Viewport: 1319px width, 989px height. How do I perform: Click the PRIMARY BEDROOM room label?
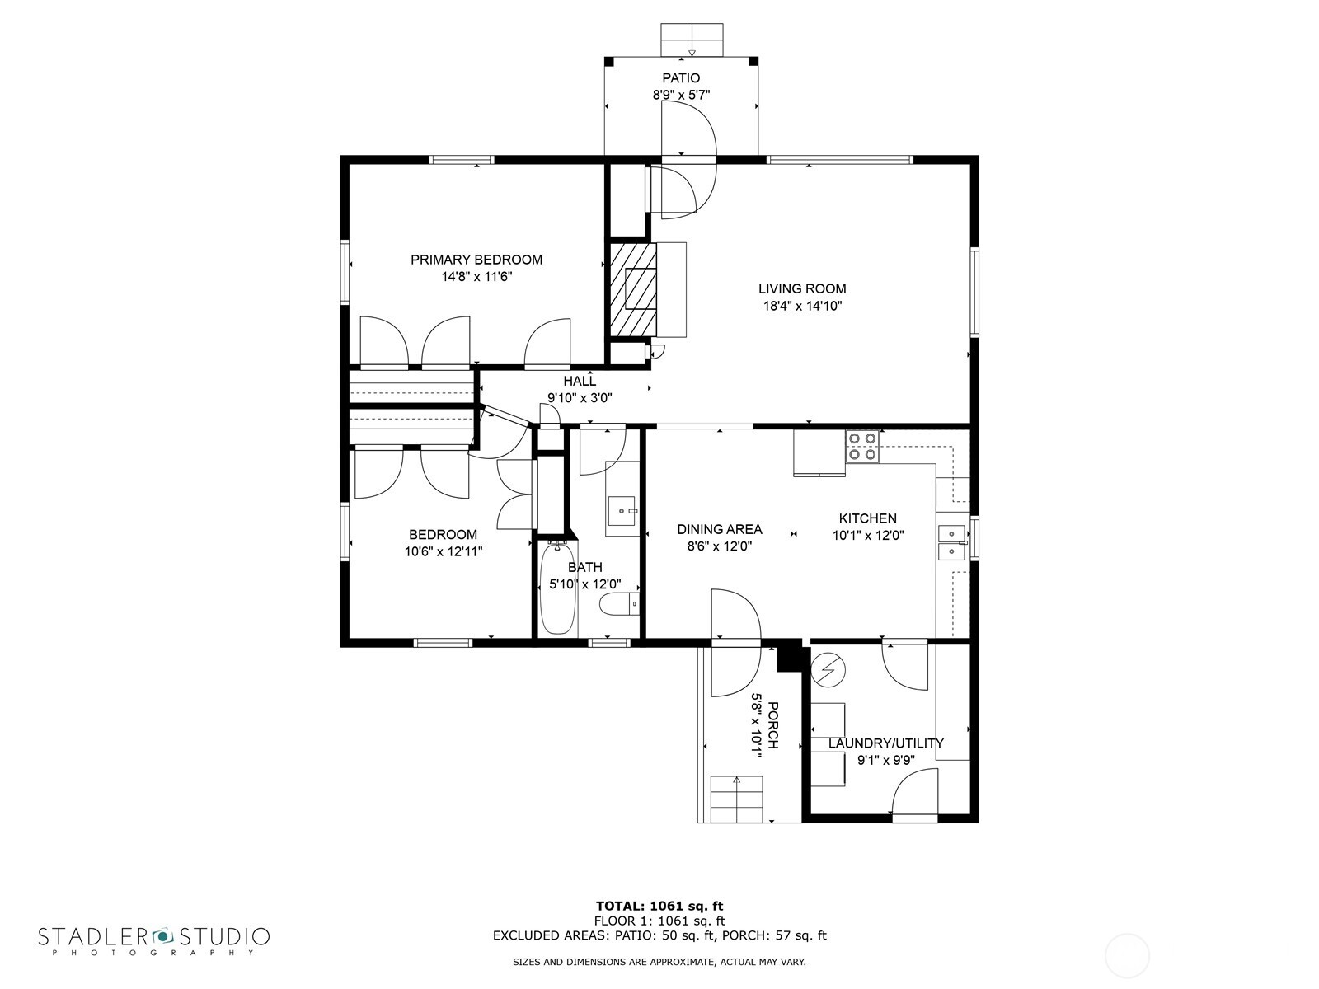pyautogui.click(x=476, y=260)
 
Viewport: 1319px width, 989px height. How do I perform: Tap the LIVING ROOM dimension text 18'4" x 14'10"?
pyautogui.click(x=802, y=306)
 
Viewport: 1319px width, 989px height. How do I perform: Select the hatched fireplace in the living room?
pyautogui.click(x=633, y=288)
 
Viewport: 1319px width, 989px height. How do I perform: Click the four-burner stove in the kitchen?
pyautogui.click(x=863, y=447)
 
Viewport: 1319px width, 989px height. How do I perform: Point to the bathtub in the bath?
pyautogui.click(x=557, y=587)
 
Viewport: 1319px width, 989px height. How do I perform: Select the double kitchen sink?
pyautogui.click(x=952, y=541)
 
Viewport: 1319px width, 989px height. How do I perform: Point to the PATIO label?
pyautogui.click(x=681, y=78)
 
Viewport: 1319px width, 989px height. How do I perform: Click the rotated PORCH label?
pyautogui.click(x=772, y=725)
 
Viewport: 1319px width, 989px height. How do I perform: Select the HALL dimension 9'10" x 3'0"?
pyautogui.click(x=580, y=397)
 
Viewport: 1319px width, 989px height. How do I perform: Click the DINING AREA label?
pyautogui.click(x=720, y=529)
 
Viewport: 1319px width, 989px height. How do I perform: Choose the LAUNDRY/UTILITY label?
pyautogui.click(x=885, y=743)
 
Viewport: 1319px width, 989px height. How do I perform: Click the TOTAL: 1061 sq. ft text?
pyautogui.click(x=659, y=906)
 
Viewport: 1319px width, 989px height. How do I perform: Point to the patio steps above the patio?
pyautogui.click(x=692, y=40)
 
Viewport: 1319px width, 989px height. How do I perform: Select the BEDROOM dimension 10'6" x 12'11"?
pyautogui.click(x=444, y=551)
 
